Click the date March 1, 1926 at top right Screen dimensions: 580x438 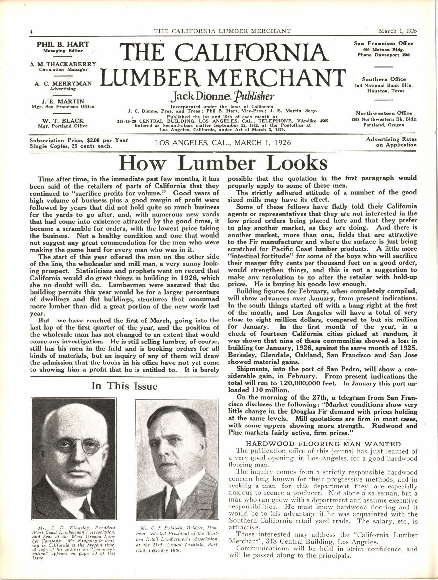pyautogui.click(x=397, y=31)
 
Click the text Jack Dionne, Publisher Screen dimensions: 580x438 pyautogui.click(x=222, y=96)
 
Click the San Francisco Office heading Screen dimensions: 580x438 pyautogui.click(x=384, y=44)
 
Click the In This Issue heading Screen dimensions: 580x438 pyautogui.click(x=124, y=386)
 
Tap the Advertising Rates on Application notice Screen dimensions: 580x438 pyautogui.click(x=391, y=142)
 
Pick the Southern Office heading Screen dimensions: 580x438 pyautogui.click(x=384, y=79)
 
